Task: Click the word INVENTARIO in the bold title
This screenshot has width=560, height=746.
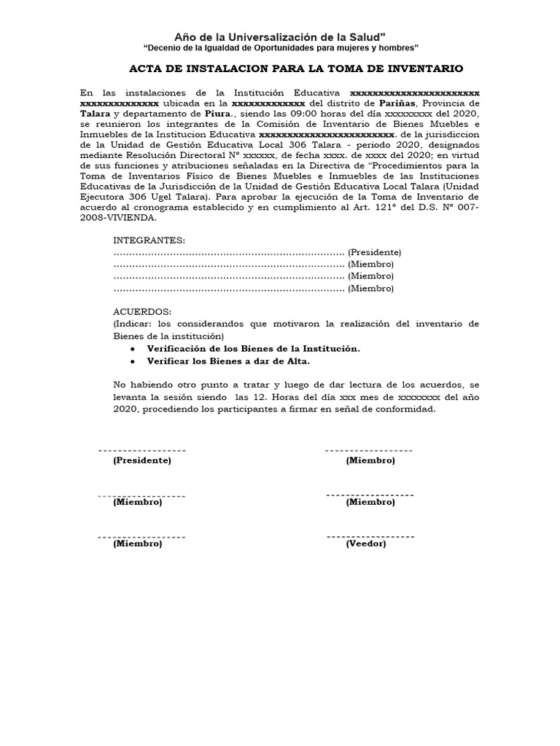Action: pyautogui.click(x=426, y=68)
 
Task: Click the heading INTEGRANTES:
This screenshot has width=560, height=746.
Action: pyautogui.click(x=149, y=240)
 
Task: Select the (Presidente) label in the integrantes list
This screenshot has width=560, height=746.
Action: pyautogui.click(x=374, y=252)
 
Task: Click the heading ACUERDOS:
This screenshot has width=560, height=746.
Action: pyautogui.click(x=141, y=311)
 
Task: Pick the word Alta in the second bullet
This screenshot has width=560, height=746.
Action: pyautogui.click(x=297, y=361)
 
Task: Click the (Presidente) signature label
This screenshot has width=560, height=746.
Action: pyautogui.click(x=141, y=460)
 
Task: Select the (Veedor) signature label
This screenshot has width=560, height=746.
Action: pyautogui.click(x=366, y=543)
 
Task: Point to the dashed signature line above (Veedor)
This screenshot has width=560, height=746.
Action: pyautogui.click(x=370, y=536)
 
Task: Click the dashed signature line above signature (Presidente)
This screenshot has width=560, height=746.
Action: pyautogui.click(x=141, y=451)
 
